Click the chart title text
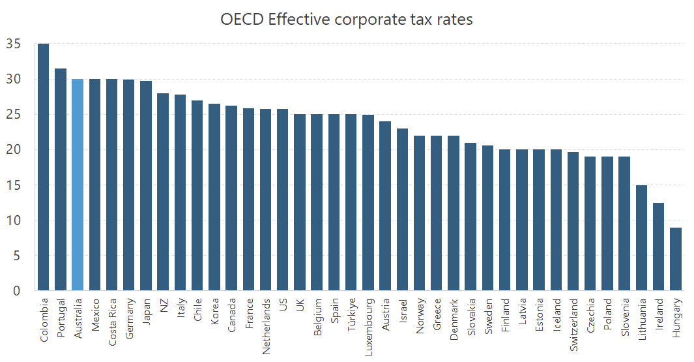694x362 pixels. click(x=346, y=20)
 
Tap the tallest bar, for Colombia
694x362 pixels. click(x=44, y=167)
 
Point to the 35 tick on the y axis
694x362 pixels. click(x=13, y=44)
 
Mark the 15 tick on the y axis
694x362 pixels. click(x=13, y=185)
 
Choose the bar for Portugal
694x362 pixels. click(x=61, y=179)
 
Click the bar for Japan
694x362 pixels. click(x=146, y=185)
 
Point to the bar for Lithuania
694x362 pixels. click(x=642, y=237)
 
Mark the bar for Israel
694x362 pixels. click(x=403, y=209)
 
